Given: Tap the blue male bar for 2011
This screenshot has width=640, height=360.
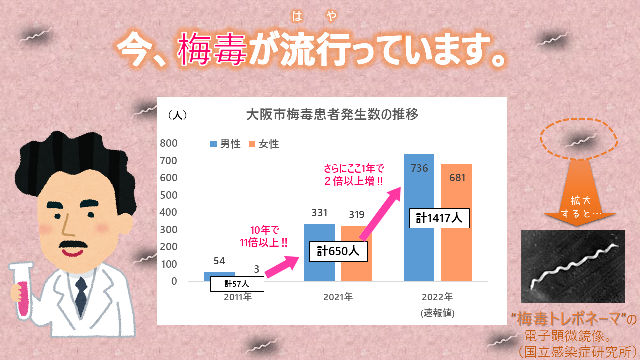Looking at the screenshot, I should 219,275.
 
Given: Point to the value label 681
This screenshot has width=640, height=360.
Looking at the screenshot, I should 456,178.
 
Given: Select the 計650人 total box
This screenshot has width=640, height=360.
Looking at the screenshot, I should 338,251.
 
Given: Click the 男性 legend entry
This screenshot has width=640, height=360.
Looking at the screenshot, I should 225,144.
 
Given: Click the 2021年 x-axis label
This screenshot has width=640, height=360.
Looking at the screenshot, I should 338,297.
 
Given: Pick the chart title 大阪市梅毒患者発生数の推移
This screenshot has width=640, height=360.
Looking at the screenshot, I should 332,114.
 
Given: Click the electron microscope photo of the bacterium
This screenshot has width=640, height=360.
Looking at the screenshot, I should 573,266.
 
